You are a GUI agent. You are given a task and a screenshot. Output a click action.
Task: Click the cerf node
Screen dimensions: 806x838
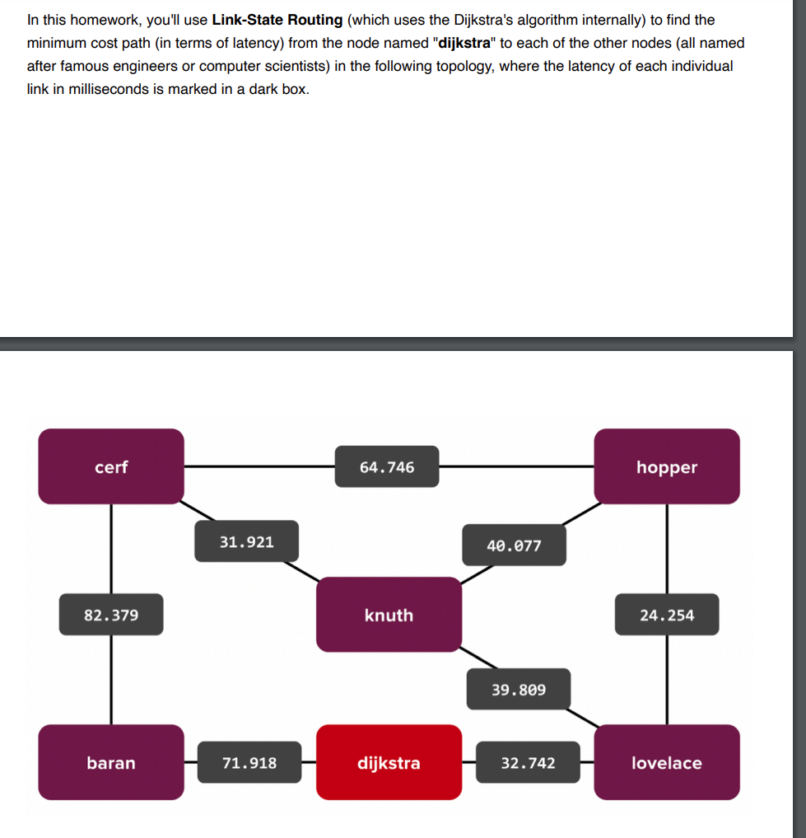click(111, 466)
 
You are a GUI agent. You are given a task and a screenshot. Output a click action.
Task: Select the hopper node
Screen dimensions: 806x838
click(666, 466)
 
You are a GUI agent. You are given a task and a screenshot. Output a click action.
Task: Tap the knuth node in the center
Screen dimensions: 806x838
click(389, 615)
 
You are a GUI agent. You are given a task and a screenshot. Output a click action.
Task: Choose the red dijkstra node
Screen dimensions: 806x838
click(389, 762)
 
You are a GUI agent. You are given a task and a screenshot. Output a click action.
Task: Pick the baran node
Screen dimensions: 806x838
click(111, 762)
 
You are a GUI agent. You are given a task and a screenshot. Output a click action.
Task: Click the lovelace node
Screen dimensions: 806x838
click(666, 762)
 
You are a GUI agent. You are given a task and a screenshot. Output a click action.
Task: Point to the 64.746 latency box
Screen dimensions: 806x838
click(387, 467)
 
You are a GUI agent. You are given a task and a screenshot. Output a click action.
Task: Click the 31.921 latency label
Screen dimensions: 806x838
click(246, 541)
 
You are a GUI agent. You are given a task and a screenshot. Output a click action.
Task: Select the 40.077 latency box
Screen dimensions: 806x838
click(514, 545)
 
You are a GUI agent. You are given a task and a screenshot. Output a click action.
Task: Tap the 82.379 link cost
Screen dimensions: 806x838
click(111, 615)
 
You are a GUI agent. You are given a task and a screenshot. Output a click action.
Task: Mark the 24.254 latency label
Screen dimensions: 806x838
click(666, 615)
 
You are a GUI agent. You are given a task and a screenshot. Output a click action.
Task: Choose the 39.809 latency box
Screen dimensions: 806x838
click(518, 689)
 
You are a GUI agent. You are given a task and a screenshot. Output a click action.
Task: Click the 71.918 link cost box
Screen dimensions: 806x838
click(249, 762)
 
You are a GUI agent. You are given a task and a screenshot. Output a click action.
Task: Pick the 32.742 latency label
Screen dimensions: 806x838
click(528, 762)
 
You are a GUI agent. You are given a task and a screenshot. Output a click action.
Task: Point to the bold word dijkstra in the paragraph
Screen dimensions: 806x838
click(459, 43)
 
